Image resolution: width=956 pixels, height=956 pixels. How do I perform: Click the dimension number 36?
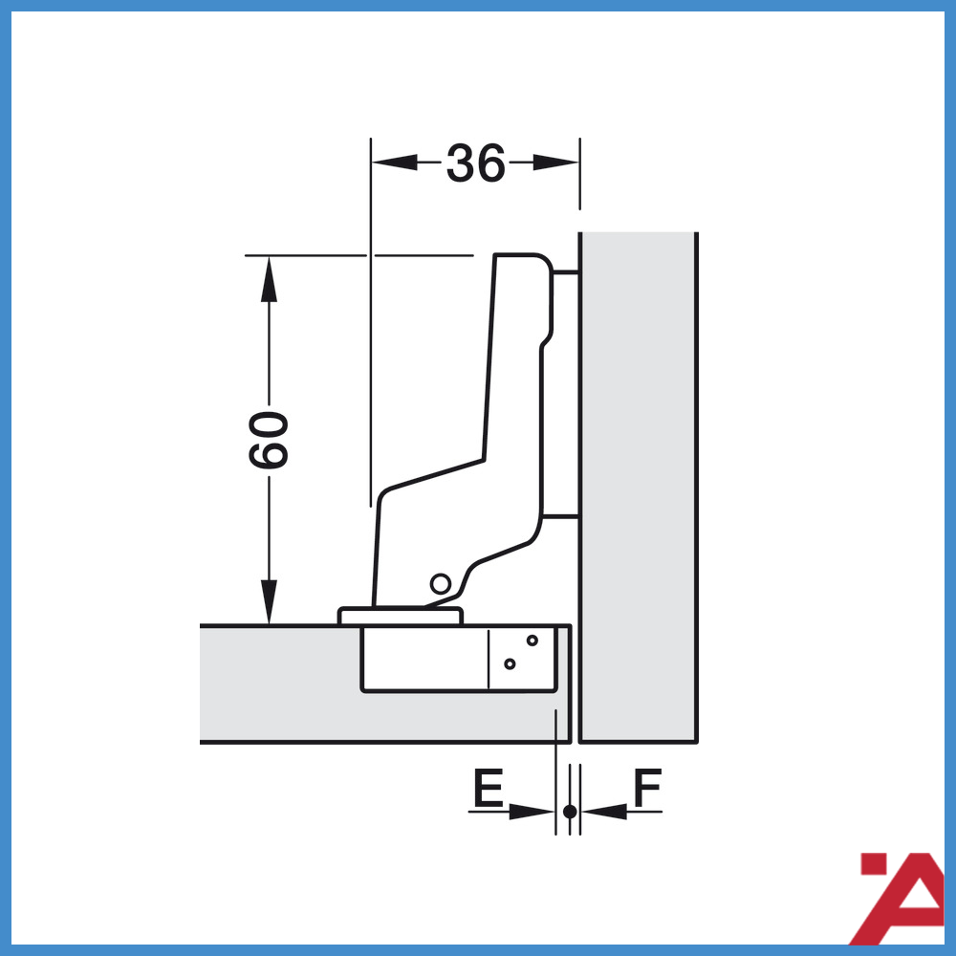coord(475,163)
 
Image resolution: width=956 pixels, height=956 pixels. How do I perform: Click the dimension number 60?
coord(269,440)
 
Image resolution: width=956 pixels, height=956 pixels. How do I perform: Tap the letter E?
coord(488,790)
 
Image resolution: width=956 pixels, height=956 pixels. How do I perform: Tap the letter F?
coord(647,790)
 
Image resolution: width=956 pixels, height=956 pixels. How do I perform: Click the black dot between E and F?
coord(569,812)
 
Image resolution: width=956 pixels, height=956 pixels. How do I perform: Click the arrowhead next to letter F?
coord(604,812)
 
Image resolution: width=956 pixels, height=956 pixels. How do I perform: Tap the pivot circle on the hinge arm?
coord(440,583)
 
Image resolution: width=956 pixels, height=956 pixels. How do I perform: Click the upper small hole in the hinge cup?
coord(532,640)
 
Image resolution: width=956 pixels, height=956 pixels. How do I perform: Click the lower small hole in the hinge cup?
coord(510,663)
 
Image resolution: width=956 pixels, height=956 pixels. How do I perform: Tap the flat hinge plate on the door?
coord(400,616)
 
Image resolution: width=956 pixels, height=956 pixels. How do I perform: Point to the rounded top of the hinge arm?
coord(521,260)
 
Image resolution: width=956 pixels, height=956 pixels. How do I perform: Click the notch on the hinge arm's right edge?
coord(545,339)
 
